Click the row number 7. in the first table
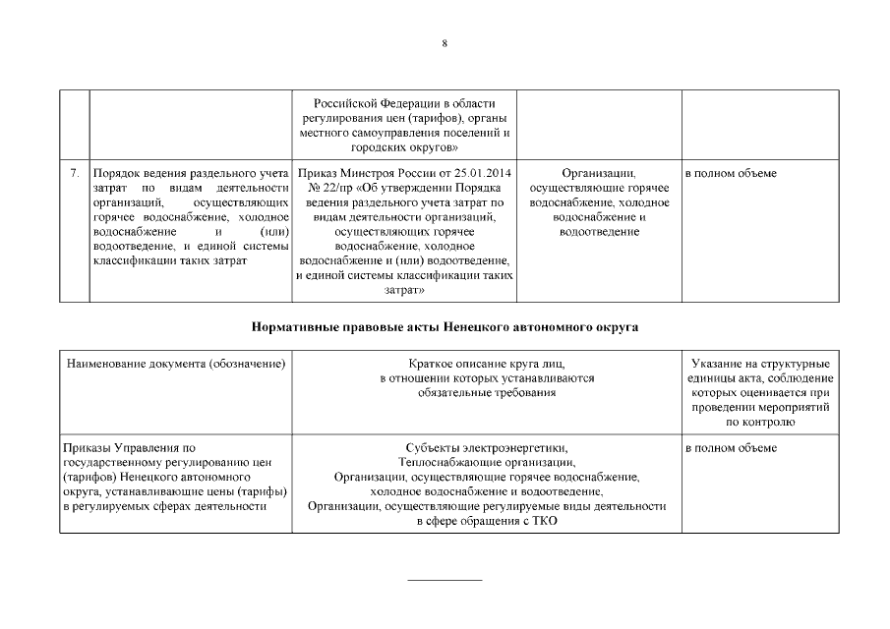pos(75,174)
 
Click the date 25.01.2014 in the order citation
pos(477,174)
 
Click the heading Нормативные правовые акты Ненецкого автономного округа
pos(445,326)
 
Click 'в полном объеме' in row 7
pos(731,174)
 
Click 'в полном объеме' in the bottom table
pos(731,448)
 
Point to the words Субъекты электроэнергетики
pos(487,448)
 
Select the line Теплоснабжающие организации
pos(487,462)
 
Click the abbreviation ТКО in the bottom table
pos(543,521)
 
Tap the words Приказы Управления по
pos(129,448)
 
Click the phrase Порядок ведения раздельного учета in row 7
pos(189,174)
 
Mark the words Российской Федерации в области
pos(404,103)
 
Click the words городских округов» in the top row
pos(404,146)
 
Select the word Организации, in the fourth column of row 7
pos(599,174)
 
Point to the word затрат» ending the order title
pos(404,291)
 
